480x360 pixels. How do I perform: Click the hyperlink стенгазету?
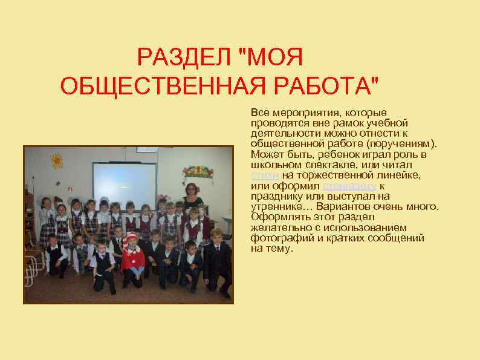click(x=350, y=186)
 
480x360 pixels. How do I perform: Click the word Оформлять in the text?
click(x=276, y=217)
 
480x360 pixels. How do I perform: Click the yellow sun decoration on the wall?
click(x=56, y=160)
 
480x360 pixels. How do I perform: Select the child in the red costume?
click(x=131, y=257)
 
